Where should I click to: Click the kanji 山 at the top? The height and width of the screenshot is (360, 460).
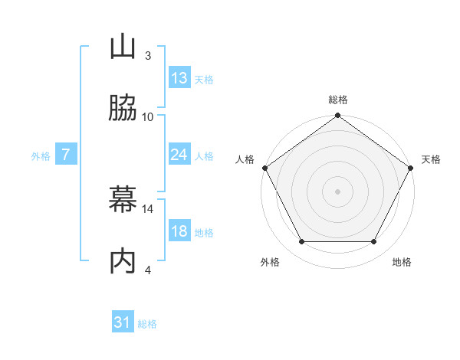(x=123, y=47)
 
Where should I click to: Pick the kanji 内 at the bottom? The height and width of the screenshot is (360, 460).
(x=123, y=261)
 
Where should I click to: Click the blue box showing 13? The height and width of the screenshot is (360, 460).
(x=179, y=78)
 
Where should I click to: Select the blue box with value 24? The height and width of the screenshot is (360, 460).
(x=179, y=155)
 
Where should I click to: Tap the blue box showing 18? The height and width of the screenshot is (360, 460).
(x=179, y=231)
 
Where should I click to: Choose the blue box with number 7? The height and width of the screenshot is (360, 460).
(x=66, y=155)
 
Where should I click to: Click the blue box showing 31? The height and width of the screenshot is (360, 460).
(x=123, y=322)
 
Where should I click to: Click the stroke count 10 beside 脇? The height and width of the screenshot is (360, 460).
(x=148, y=116)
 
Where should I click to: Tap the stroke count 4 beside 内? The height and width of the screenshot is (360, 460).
(x=148, y=270)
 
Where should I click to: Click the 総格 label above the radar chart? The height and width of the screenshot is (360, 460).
(x=338, y=100)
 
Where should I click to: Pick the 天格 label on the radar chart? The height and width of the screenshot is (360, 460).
(x=431, y=159)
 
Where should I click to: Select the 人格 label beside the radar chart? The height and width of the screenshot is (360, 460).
(x=245, y=159)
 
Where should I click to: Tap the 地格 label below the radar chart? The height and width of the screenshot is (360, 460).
(x=402, y=262)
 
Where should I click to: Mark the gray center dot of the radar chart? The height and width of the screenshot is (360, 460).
(x=338, y=191)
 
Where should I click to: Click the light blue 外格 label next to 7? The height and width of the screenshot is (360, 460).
(x=41, y=155)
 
